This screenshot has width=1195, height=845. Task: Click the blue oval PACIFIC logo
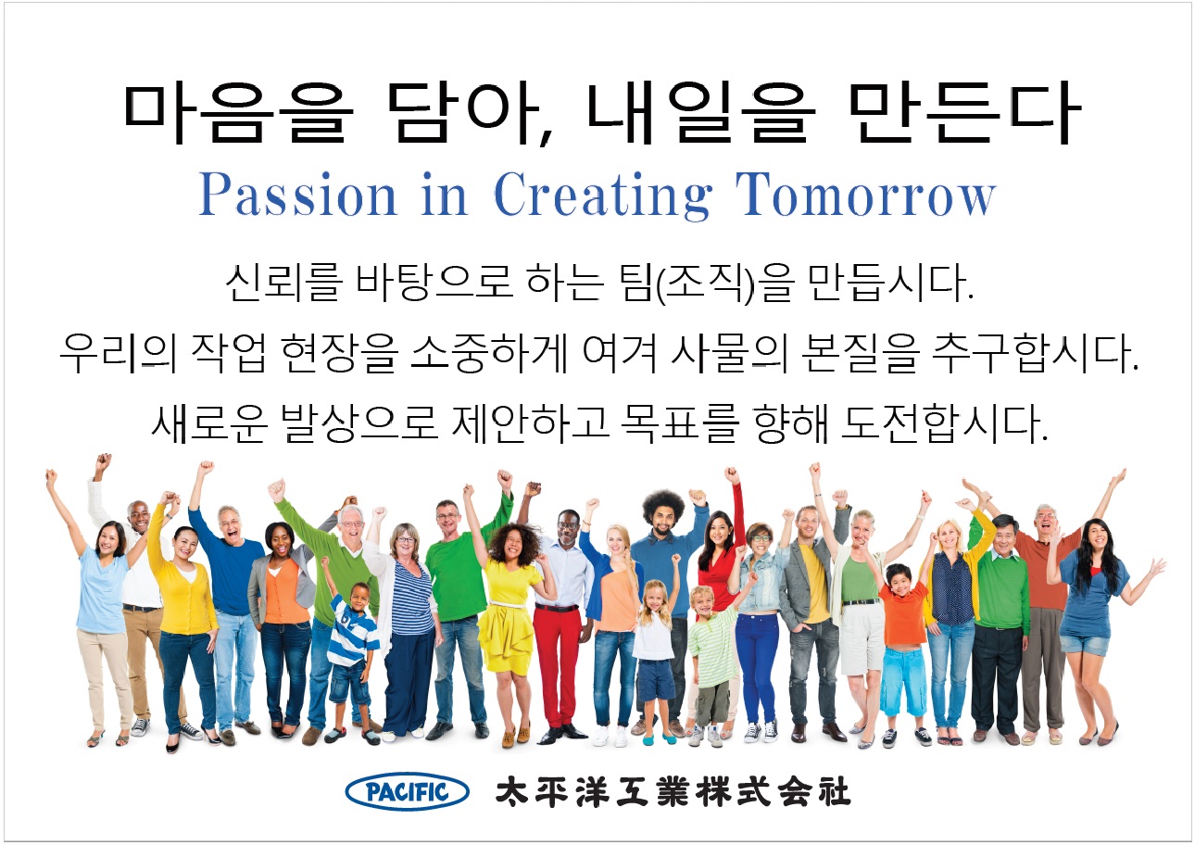(407, 791)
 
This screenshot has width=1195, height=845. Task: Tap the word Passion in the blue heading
(297, 195)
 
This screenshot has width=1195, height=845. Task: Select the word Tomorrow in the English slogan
(865, 195)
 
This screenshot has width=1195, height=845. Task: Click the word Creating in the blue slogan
(603, 196)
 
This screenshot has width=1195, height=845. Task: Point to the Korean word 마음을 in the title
(238, 113)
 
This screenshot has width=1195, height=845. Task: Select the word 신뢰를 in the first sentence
(283, 283)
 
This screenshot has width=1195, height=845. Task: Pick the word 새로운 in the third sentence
(208, 424)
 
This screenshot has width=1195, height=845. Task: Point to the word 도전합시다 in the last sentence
(944, 424)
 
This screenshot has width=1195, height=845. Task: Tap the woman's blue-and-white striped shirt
(412, 598)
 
